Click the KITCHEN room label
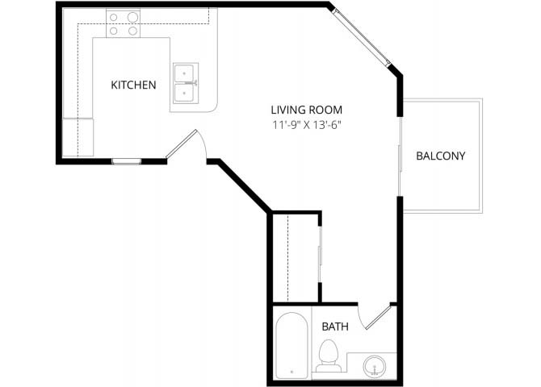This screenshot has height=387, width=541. (133, 85)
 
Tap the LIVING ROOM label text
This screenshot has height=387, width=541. (306, 110)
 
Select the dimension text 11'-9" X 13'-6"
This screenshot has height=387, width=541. (307, 125)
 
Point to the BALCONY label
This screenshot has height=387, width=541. (441, 156)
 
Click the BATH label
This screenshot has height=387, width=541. (335, 327)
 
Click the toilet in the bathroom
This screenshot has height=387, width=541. (329, 356)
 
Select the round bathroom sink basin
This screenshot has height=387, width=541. (375, 365)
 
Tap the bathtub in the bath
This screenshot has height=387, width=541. (291, 345)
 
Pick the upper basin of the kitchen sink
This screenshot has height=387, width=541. (184, 73)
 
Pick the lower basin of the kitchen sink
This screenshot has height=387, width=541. (184, 94)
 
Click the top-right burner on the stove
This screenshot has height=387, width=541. (133, 17)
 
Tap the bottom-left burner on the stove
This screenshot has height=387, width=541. (114, 31)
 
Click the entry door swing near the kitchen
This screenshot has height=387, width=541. (182, 144)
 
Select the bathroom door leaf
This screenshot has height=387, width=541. (378, 316)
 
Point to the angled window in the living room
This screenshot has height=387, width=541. (362, 37)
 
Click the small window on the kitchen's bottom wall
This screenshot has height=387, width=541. (127, 161)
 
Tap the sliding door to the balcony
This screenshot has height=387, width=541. (401, 156)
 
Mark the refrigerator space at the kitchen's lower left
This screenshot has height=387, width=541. (78, 137)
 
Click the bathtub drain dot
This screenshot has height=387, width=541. (291, 372)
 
